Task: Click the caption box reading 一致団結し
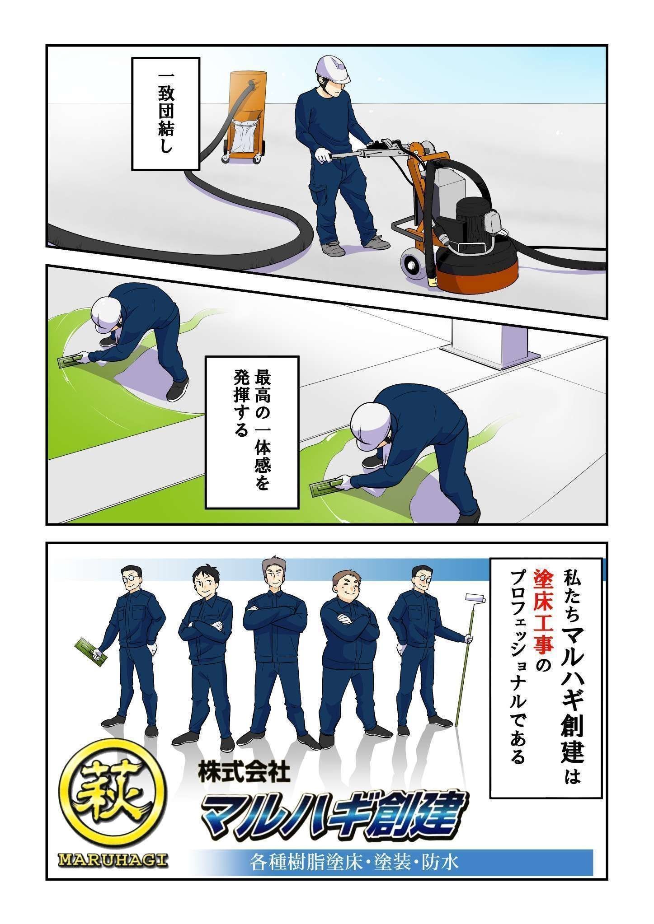coord(165,113)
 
